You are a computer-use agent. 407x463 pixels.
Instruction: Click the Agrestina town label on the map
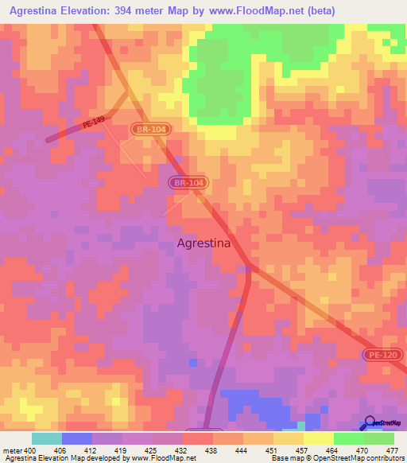(x=203, y=244)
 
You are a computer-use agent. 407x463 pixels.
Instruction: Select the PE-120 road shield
(x=386, y=354)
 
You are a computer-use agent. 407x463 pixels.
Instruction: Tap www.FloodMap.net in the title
(x=258, y=10)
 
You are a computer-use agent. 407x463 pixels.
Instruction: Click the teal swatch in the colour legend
(x=47, y=438)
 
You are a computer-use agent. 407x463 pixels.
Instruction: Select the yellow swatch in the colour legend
(x=319, y=438)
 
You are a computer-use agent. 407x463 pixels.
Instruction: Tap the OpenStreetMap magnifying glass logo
(x=370, y=422)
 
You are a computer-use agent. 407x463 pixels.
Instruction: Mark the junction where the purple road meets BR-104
(x=249, y=265)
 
